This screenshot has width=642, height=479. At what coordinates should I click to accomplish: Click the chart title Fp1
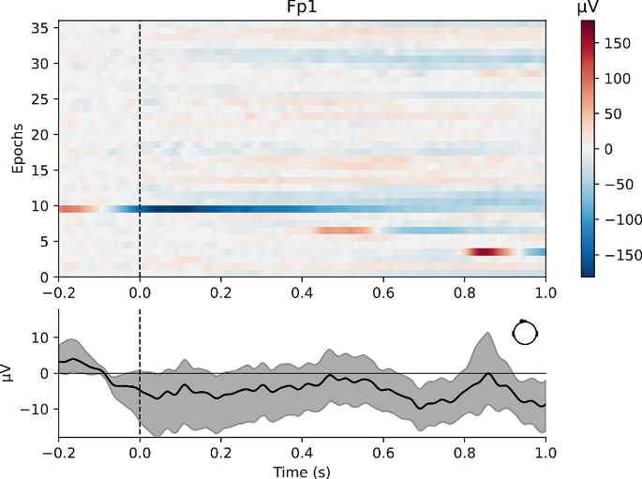(302, 9)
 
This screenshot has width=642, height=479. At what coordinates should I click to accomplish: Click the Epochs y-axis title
(17, 149)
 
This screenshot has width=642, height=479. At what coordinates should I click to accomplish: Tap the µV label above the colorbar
(590, 7)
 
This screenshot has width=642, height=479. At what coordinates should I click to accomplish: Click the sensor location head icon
(525, 332)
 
